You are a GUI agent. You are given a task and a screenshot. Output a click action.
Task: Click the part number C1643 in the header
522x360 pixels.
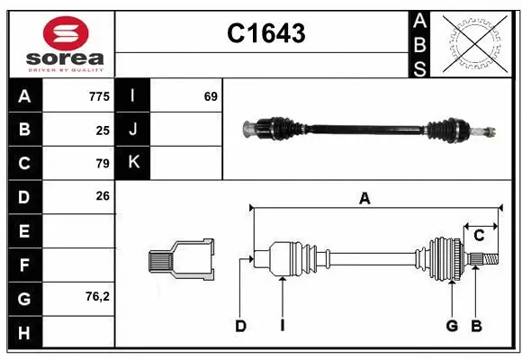(x=265, y=34)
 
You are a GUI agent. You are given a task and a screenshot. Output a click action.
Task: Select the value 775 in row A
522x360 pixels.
(x=99, y=95)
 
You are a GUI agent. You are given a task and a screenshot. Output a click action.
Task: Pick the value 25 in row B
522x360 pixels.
(x=102, y=129)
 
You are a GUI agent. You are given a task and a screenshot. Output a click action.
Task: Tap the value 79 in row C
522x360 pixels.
(x=102, y=163)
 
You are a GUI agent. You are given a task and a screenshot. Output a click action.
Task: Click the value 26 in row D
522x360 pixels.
(x=102, y=195)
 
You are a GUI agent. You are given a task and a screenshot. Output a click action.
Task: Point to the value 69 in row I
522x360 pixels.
(x=211, y=95)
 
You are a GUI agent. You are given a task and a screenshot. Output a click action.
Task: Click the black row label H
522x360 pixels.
(x=24, y=333)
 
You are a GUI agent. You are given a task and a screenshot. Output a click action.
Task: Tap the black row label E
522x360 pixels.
(x=24, y=231)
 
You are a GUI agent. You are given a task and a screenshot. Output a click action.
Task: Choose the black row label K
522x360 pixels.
(x=133, y=163)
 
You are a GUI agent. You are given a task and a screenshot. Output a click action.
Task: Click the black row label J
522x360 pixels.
(x=133, y=129)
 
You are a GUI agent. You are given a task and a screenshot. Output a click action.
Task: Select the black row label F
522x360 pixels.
(x=24, y=265)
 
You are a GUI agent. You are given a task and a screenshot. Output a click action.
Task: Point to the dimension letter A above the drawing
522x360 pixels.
(x=364, y=198)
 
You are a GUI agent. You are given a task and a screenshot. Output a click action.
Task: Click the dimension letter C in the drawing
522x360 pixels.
(x=479, y=235)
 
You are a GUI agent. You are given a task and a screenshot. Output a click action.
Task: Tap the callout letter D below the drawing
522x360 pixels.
(x=240, y=326)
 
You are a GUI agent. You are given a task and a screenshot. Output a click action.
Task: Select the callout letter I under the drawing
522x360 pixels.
(x=282, y=326)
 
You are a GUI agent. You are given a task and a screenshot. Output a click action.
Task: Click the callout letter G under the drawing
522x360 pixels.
(x=452, y=326)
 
